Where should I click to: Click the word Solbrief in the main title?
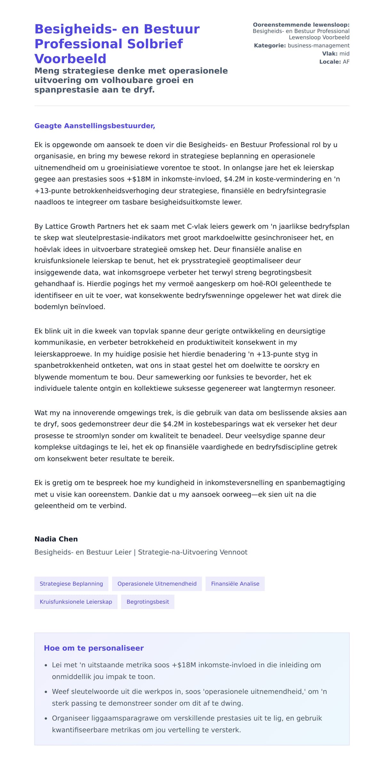[155, 44]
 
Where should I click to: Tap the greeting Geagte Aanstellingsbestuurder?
[95, 126]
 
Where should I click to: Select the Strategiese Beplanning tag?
[71, 584]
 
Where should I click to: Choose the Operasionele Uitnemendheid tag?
[157, 584]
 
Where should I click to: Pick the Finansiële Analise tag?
[235, 584]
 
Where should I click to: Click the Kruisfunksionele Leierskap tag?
[76, 602]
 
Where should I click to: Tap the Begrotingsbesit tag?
[148, 602]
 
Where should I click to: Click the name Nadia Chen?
[56, 539]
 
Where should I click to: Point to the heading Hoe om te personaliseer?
[94, 648]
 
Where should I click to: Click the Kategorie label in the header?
[270, 46]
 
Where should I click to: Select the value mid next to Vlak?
[344, 54]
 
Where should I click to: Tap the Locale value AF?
[346, 62]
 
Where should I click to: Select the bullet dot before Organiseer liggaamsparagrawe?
[46, 718]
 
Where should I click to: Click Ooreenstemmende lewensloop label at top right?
[301, 25]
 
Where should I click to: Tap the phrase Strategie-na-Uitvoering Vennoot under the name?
[193, 552]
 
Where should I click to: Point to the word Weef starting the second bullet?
[60, 692]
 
